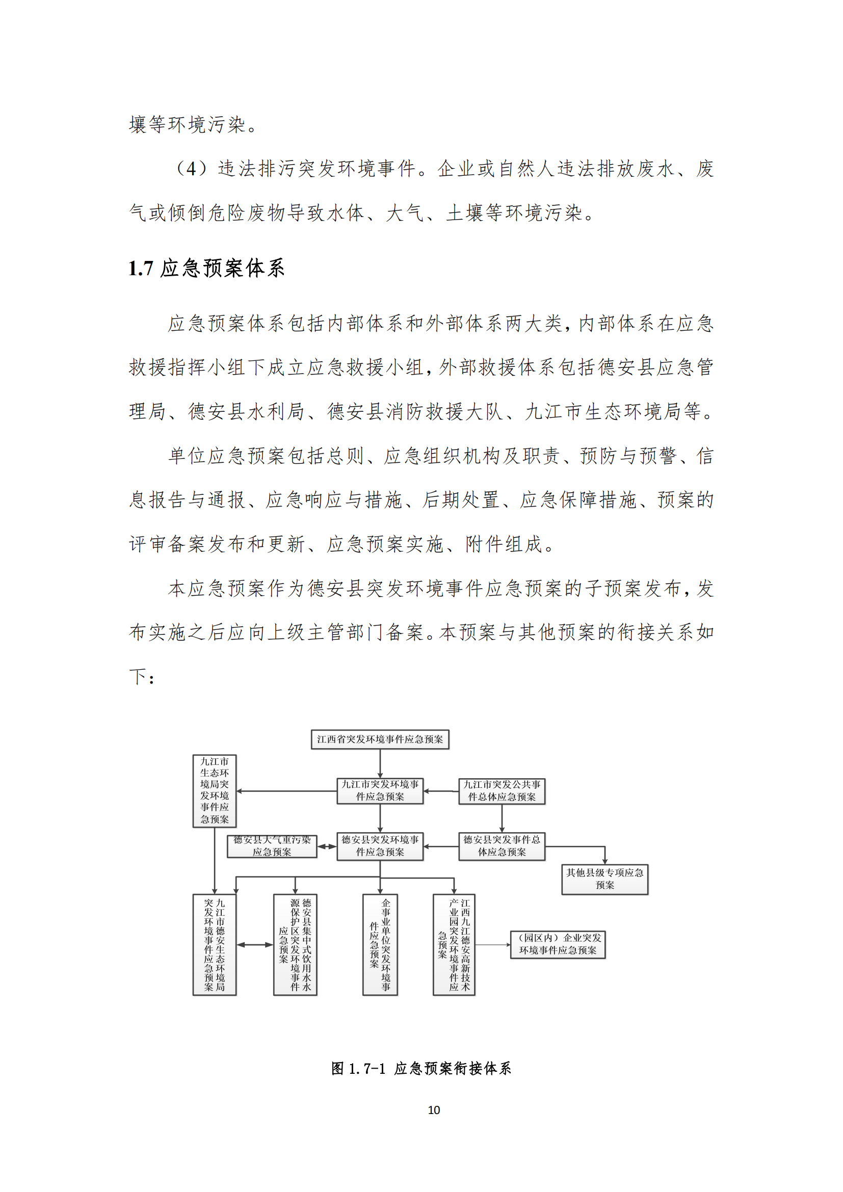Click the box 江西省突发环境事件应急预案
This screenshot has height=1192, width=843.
[x=380, y=739]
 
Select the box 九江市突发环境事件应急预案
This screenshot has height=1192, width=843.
[x=380, y=791]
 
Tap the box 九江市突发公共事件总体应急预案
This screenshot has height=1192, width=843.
[x=502, y=791]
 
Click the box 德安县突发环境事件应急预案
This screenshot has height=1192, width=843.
[x=380, y=846]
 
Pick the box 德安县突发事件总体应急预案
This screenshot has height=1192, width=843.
[x=502, y=846]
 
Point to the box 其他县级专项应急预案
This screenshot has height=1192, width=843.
[x=604, y=879]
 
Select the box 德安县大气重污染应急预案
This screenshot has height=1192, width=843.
[x=272, y=846]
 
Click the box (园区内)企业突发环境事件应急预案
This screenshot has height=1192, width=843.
[x=558, y=944]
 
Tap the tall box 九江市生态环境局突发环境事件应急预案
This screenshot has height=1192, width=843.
[x=215, y=791]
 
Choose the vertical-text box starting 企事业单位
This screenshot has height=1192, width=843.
[x=380, y=944]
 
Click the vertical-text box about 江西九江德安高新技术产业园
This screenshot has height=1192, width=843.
[x=454, y=944]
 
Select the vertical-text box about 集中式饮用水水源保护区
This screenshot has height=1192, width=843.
[x=295, y=944]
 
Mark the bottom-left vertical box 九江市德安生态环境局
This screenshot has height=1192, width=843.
[x=215, y=944]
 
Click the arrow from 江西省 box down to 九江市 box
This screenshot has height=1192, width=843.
[x=380, y=764]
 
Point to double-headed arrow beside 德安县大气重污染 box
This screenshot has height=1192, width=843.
[x=327, y=847]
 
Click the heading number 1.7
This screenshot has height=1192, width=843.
[x=141, y=269]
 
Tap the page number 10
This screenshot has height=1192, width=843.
[x=433, y=1110]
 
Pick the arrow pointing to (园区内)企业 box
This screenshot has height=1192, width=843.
[x=493, y=945]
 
